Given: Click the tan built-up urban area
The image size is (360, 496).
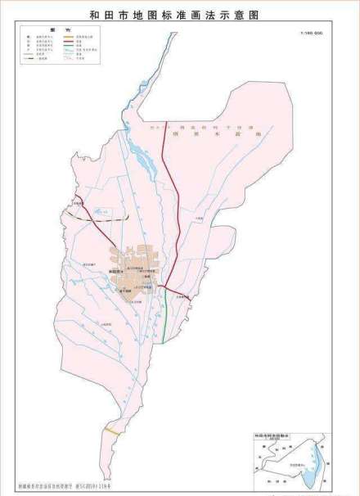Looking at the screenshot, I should pos(135,270).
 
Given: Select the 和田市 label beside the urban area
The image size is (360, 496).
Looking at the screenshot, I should pos(114,268).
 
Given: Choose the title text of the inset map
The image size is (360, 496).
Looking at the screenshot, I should pos(272,436).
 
